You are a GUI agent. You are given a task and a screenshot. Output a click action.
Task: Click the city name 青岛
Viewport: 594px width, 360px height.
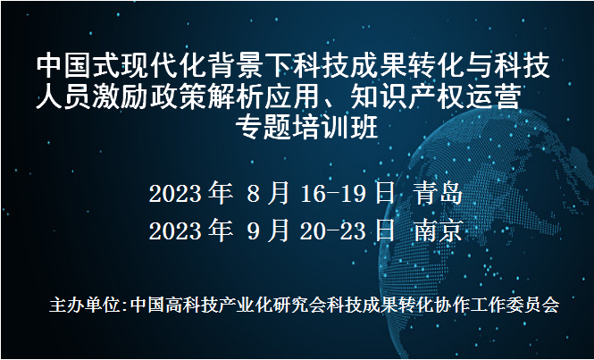pos(439,193)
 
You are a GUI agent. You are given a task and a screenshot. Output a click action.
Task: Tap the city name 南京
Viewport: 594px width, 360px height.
pos(439,230)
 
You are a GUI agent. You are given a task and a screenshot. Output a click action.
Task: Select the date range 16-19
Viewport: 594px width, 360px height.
pos(339,193)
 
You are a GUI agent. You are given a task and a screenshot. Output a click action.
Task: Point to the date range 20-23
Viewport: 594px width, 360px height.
pos(339,230)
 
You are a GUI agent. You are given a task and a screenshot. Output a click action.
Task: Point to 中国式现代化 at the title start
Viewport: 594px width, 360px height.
pos(113,65)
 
